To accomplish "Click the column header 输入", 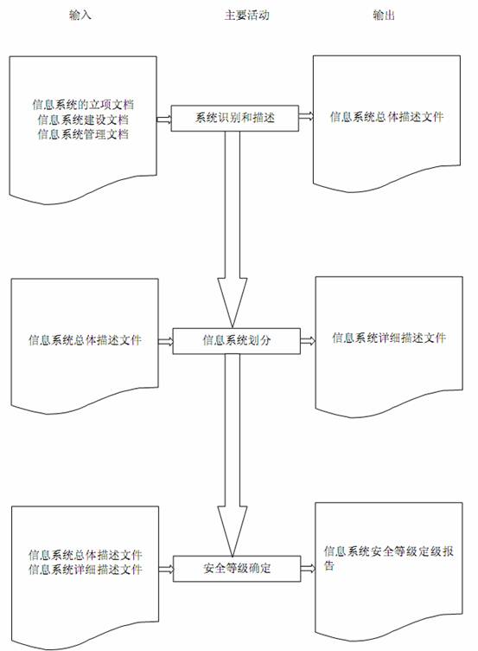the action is pyautogui.click(x=80, y=16).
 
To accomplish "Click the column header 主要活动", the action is pyautogui.click(x=246, y=16).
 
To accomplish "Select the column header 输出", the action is pyautogui.click(x=384, y=16).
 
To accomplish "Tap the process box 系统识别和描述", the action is pyautogui.click(x=234, y=119).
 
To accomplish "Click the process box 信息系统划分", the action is pyautogui.click(x=236, y=341).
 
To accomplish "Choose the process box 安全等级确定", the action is pyautogui.click(x=237, y=569).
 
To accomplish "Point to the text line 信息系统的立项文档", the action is pyautogui.click(x=83, y=104).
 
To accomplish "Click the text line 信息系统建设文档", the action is pyautogui.click(x=83, y=119).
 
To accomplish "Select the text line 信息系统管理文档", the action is pyautogui.click(x=83, y=134).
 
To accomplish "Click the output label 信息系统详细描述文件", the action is pyautogui.click(x=389, y=338).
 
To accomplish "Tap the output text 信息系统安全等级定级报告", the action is pyautogui.click(x=388, y=558).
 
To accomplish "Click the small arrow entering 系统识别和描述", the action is pyautogui.click(x=163, y=119).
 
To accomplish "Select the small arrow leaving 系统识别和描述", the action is pyautogui.click(x=306, y=117).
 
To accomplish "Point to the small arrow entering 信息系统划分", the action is pyautogui.click(x=165, y=342).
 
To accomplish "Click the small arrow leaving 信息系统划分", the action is pyautogui.click(x=308, y=341).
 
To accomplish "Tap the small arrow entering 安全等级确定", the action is pyautogui.click(x=166, y=570).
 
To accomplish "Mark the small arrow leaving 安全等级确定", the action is pyautogui.click(x=308, y=569).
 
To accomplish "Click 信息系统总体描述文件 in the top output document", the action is pyautogui.click(x=386, y=117).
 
